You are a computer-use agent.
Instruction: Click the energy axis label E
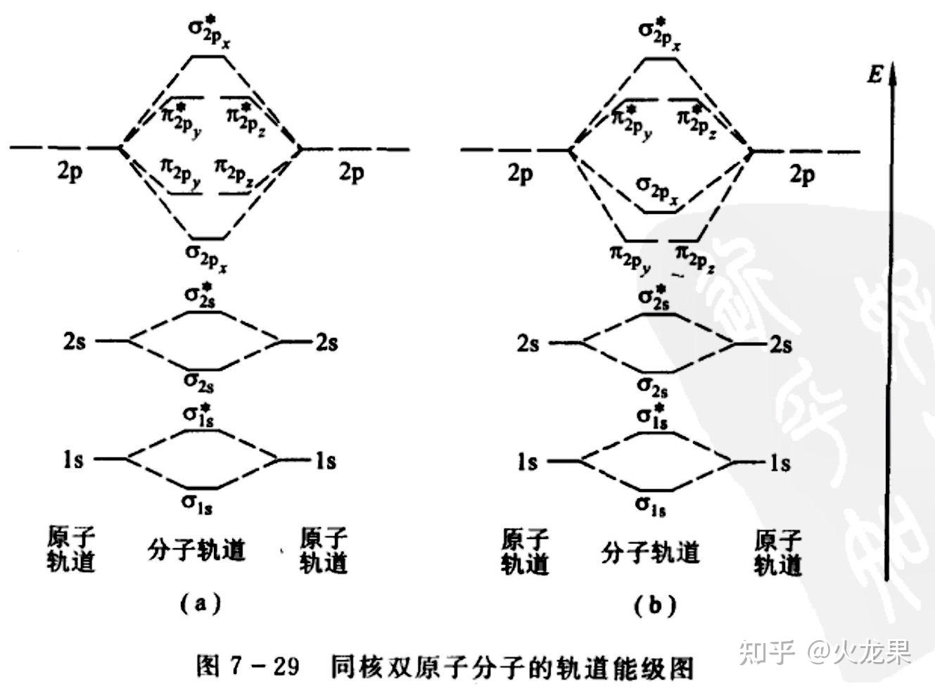pos(874,74)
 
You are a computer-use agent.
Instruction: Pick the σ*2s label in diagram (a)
pos(199,295)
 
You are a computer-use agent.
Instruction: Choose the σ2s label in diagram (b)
pos(652,386)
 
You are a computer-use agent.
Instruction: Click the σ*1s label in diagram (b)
pos(652,416)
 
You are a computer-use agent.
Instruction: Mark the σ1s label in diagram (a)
pos(198,502)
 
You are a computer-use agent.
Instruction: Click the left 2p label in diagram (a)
pos(70,172)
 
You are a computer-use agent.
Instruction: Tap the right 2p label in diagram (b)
pos(802,174)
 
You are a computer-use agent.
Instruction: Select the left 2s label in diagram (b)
pos(528,344)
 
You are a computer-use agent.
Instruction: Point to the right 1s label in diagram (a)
pos(325,461)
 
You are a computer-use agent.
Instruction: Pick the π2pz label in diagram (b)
pos(696,256)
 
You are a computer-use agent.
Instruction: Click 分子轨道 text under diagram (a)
pos(197,551)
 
